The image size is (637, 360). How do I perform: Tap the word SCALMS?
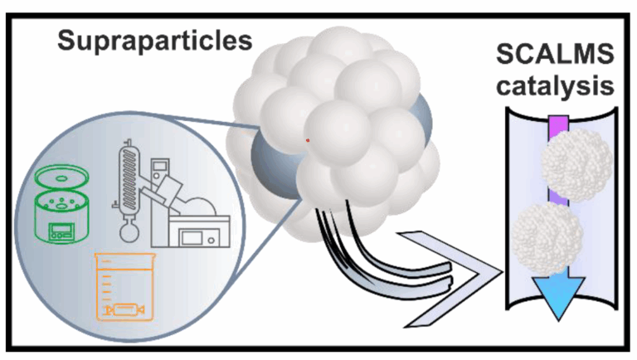555,54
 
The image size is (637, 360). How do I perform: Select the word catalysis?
555,85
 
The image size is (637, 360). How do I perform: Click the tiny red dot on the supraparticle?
308,140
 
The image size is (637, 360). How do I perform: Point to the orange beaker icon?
124,286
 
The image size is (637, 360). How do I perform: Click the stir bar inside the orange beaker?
124,310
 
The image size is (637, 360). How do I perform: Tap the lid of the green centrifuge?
61,178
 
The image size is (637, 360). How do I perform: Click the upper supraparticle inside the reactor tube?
577,165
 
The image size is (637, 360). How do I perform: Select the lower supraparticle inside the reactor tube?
547,238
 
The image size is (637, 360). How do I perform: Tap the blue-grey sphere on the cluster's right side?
421,120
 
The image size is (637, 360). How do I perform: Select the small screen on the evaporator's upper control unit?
160,166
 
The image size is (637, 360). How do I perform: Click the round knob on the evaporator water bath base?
211,240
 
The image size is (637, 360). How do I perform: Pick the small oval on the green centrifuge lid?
61,178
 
